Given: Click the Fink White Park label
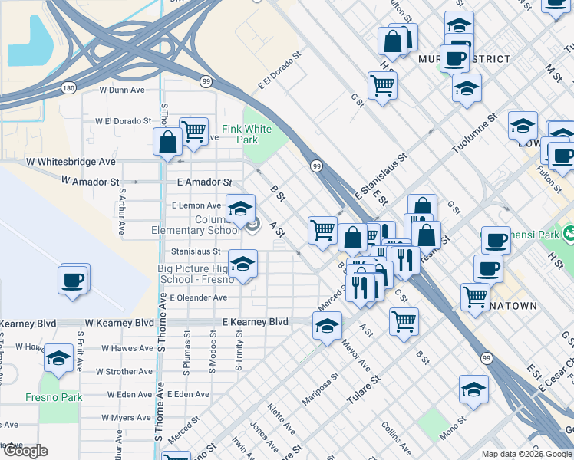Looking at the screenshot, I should tap(246, 134).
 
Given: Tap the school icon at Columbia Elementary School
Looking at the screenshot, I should tap(240, 207).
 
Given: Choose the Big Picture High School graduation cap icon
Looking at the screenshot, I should tap(243, 264).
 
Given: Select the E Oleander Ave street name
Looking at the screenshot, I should tap(199, 297).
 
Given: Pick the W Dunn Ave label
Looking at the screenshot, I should tap(123, 90).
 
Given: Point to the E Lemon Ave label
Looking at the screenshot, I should tap(196, 205).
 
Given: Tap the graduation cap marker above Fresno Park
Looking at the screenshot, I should tap(58, 359).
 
